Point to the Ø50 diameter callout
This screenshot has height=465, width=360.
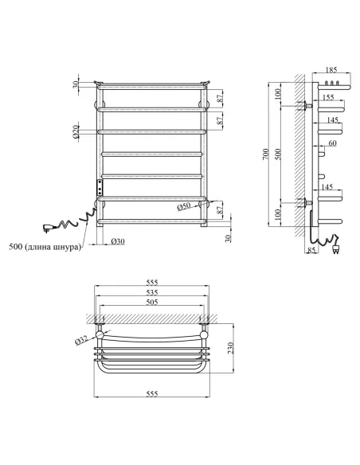pyautogui.click(x=184, y=207)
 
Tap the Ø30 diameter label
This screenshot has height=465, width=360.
pyautogui.click(x=115, y=241)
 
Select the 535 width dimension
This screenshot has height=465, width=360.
pyautogui.click(x=151, y=292)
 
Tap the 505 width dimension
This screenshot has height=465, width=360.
pyautogui.click(x=151, y=303)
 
